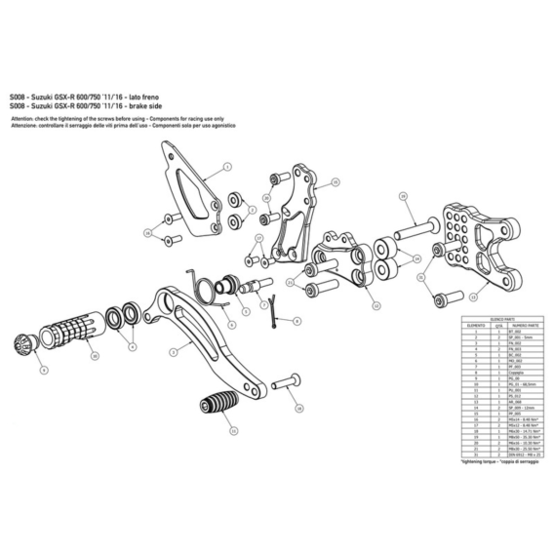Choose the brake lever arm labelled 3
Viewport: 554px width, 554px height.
(x=210, y=336)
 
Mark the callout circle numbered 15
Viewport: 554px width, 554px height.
(x=335, y=181)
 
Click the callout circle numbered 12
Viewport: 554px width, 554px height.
(x=376, y=304)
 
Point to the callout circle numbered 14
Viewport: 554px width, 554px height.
(x=416, y=258)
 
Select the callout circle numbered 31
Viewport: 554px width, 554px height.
(x=420, y=277)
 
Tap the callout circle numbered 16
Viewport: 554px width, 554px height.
(x=147, y=232)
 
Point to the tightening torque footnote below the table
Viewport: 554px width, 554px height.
(x=492, y=462)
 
